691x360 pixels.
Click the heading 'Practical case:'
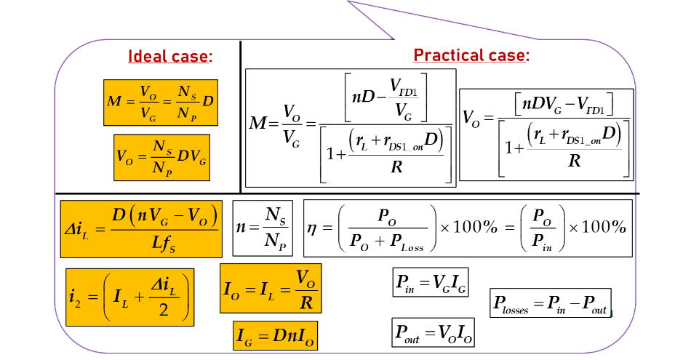[x=471, y=55]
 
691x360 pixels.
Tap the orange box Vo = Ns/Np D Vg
[x=161, y=157]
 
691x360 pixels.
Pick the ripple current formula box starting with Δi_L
[x=141, y=228]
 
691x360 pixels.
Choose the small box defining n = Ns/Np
[x=263, y=228]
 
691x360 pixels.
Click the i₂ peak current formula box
[x=130, y=297]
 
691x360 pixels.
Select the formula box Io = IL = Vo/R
[x=270, y=288]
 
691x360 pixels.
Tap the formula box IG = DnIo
[x=276, y=336]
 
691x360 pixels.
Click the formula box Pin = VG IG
[x=431, y=282]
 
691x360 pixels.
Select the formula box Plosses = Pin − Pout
[x=550, y=303]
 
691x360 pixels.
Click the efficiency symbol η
[x=313, y=228]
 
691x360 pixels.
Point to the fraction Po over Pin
[x=539, y=228]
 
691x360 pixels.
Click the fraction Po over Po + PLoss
[x=386, y=228]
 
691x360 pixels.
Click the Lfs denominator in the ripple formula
[x=164, y=244]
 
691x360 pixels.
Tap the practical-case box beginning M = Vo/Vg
[x=350, y=128]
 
